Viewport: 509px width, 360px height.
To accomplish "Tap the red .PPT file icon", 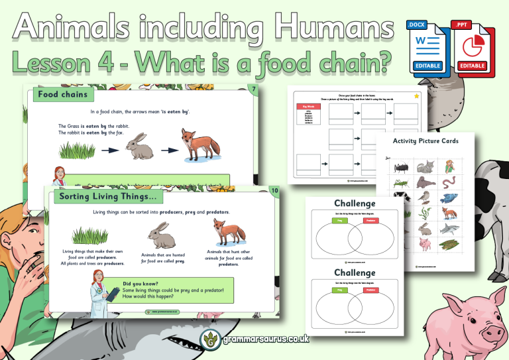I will point(471,46).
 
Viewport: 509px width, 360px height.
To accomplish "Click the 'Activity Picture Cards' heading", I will point(425,141).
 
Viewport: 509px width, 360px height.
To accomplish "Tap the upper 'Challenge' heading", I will point(355,203).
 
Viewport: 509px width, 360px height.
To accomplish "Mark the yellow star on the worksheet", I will point(416,97).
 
